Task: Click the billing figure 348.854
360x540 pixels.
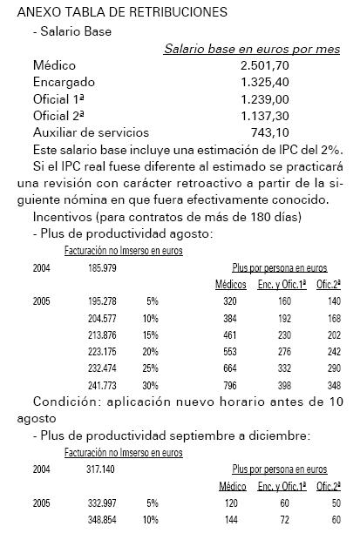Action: [x=102, y=519]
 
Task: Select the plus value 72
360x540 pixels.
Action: [x=280, y=519]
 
